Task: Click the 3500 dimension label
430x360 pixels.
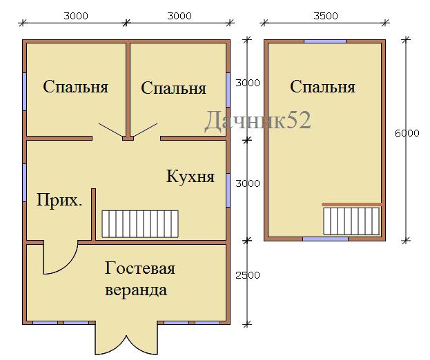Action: [x=326, y=16]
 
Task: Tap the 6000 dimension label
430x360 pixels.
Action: [x=407, y=133]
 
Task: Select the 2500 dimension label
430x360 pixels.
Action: [x=248, y=275]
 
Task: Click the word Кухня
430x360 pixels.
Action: [x=190, y=177]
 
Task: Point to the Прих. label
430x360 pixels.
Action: [x=59, y=201]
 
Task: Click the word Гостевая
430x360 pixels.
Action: [x=140, y=268]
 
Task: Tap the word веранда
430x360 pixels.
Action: [x=136, y=290]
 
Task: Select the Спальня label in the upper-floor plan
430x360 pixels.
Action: [x=322, y=87]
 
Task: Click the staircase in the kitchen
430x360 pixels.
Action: [x=140, y=224]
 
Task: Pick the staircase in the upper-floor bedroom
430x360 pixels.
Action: [x=351, y=221]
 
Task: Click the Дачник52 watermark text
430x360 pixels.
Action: [x=257, y=120]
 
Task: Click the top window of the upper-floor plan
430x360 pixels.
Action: [x=325, y=41]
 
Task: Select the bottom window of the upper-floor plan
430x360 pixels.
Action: [x=325, y=239]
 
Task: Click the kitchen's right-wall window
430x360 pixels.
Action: [x=228, y=190]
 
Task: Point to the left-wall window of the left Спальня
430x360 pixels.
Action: [x=24, y=92]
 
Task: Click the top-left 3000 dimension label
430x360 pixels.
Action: [x=76, y=16]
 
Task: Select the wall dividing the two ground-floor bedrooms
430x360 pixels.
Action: [x=128, y=90]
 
